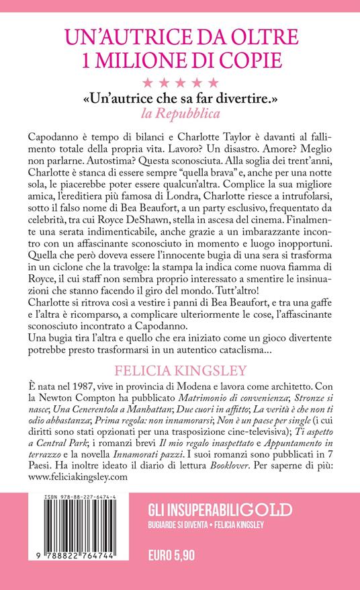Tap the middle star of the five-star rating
coord(180,83)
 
